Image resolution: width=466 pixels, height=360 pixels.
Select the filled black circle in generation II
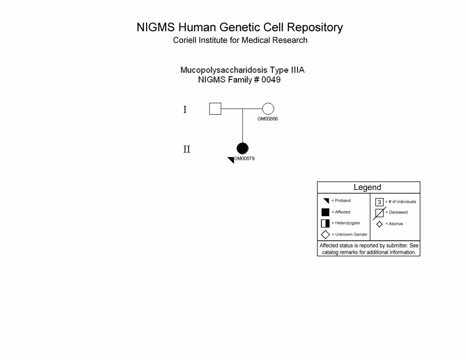click(x=243, y=149)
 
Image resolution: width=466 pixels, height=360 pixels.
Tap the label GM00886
click(x=267, y=119)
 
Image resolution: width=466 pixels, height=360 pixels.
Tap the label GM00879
click(x=244, y=159)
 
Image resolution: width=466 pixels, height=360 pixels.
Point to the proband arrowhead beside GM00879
click(x=231, y=160)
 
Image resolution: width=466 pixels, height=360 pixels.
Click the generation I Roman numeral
click(x=185, y=109)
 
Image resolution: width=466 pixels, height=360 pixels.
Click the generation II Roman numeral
click(x=187, y=149)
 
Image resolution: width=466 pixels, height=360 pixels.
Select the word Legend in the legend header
click(x=367, y=187)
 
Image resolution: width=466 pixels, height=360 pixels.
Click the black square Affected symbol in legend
click(x=325, y=212)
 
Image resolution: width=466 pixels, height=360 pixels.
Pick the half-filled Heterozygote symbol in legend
click(x=325, y=223)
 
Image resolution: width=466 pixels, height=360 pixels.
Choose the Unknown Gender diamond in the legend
click(x=325, y=235)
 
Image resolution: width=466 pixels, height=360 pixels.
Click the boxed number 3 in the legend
click(x=379, y=202)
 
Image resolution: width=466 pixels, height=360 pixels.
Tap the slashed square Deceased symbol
click(x=380, y=213)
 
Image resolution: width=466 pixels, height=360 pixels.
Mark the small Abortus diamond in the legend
click(x=380, y=224)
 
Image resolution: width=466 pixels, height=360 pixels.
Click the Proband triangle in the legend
click(x=327, y=201)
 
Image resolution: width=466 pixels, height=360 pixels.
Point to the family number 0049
click(x=271, y=79)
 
